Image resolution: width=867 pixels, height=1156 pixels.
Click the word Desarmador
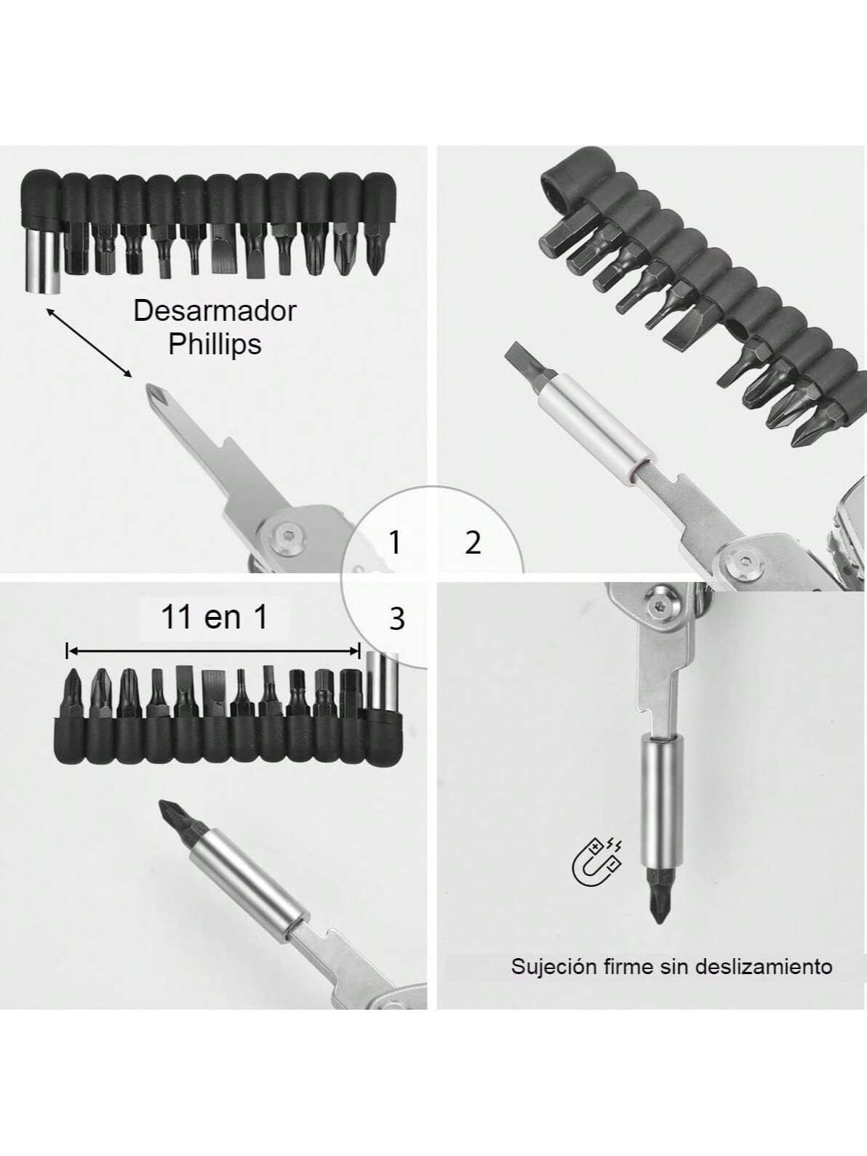click(x=215, y=311)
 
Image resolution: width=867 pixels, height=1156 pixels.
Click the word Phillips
click(x=215, y=343)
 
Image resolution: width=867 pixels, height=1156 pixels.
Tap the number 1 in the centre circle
click(x=395, y=543)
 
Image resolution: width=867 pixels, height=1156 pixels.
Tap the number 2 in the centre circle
click(x=473, y=543)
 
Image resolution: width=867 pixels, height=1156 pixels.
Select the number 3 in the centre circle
click(x=396, y=619)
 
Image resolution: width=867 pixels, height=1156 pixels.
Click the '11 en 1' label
click(x=214, y=618)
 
